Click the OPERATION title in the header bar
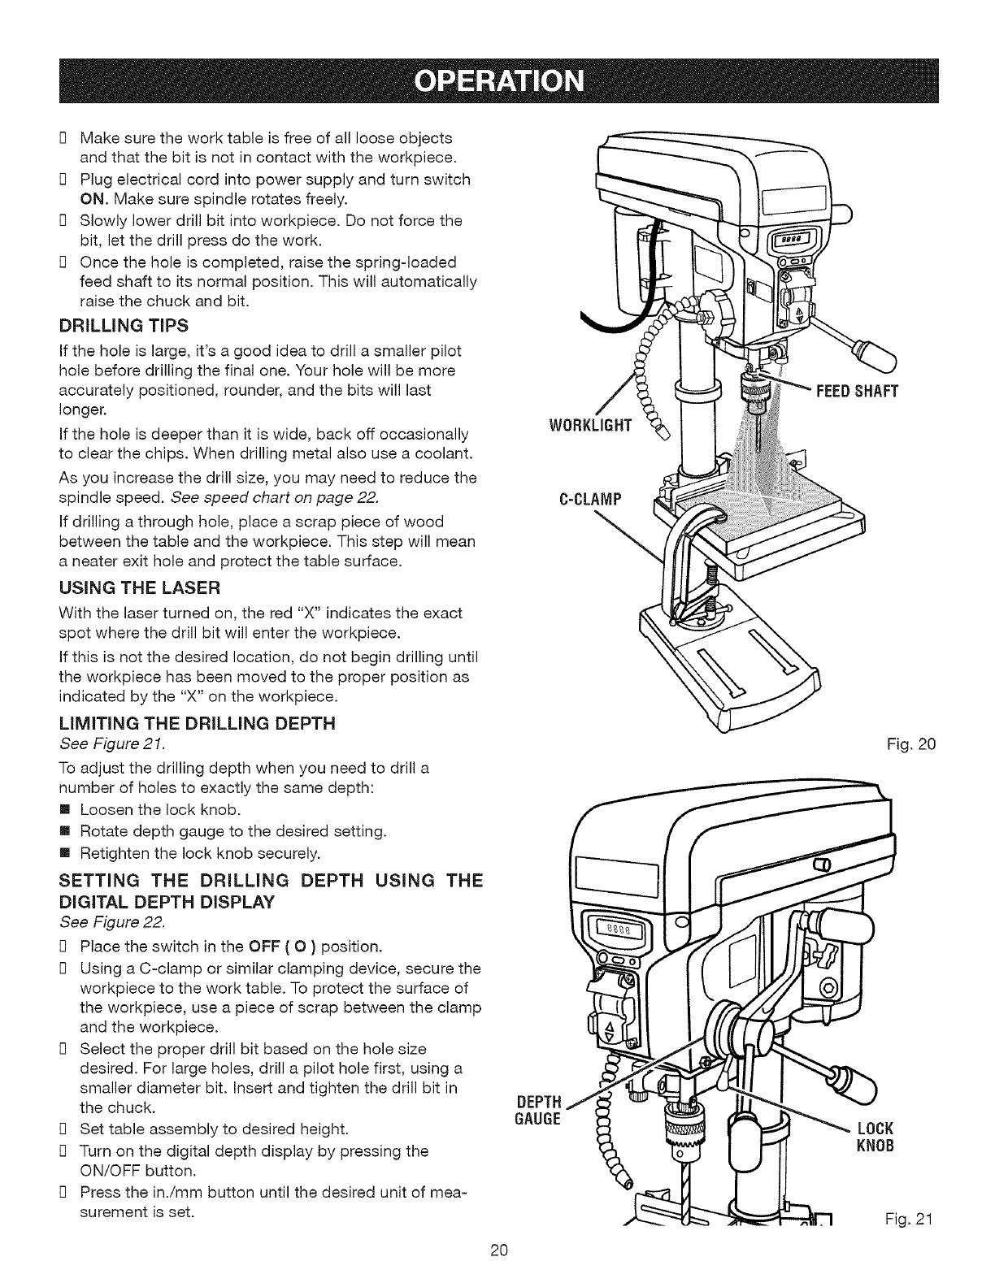[x=497, y=82]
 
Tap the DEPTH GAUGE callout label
[x=538, y=1110]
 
